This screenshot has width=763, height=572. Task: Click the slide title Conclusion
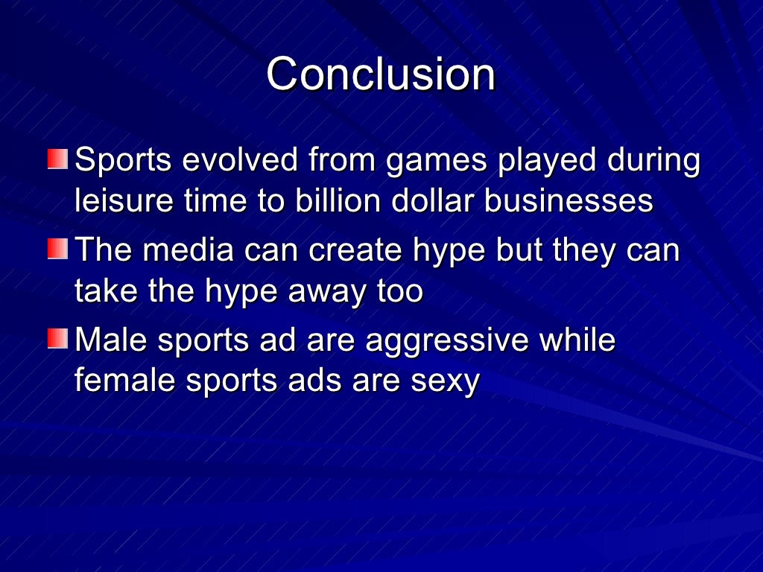point(381,74)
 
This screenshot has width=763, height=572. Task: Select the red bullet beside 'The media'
point(57,250)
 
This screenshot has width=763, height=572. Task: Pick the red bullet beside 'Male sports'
point(57,339)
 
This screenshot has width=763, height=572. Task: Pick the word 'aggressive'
point(446,341)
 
